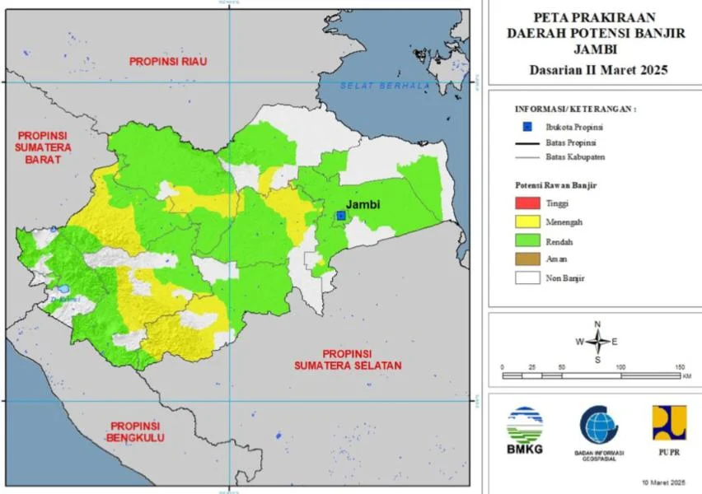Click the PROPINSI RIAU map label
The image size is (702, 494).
pos(167,62)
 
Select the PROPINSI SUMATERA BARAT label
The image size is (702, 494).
pos(43,147)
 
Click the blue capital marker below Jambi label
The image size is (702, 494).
pos(340,215)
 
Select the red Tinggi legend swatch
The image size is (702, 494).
pos(527,203)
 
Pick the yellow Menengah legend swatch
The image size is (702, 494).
pos(527,221)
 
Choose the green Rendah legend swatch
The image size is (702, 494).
pos(527,240)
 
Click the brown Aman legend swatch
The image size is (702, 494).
pos(527,259)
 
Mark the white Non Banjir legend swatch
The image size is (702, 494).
pos(527,278)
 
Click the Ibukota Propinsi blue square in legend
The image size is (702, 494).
pos(527,127)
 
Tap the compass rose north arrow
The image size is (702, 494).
pos(598,329)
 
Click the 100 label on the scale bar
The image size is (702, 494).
pos(620,366)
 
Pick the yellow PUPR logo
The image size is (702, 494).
pos(668,423)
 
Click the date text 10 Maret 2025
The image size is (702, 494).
pos(664,482)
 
